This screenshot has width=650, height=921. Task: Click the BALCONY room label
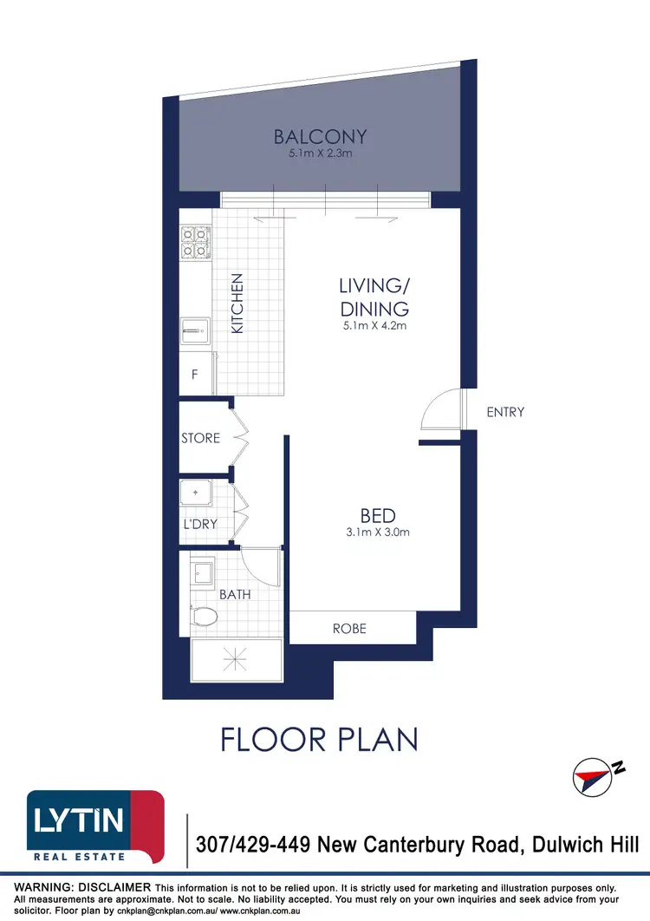[x=321, y=137]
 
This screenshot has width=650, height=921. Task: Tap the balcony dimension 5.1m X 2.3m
[x=321, y=153]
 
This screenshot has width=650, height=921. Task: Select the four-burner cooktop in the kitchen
[x=195, y=243]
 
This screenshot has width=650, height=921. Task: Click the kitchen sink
[x=195, y=331]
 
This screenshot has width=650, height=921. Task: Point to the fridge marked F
[x=195, y=376]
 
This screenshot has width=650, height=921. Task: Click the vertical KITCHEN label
[x=237, y=304]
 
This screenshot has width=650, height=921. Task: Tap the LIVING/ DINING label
[x=374, y=297]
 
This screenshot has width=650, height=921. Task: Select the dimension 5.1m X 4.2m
[x=374, y=327]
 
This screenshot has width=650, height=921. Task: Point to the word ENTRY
[x=505, y=413]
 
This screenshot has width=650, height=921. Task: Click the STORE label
[x=201, y=439]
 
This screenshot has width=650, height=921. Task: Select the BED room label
[x=378, y=517]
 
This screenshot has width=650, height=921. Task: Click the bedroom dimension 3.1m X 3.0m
[x=378, y=532]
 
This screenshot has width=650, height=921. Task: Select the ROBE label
[x=350, y=629]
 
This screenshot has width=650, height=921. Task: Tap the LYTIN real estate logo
[x=95, y=826]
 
